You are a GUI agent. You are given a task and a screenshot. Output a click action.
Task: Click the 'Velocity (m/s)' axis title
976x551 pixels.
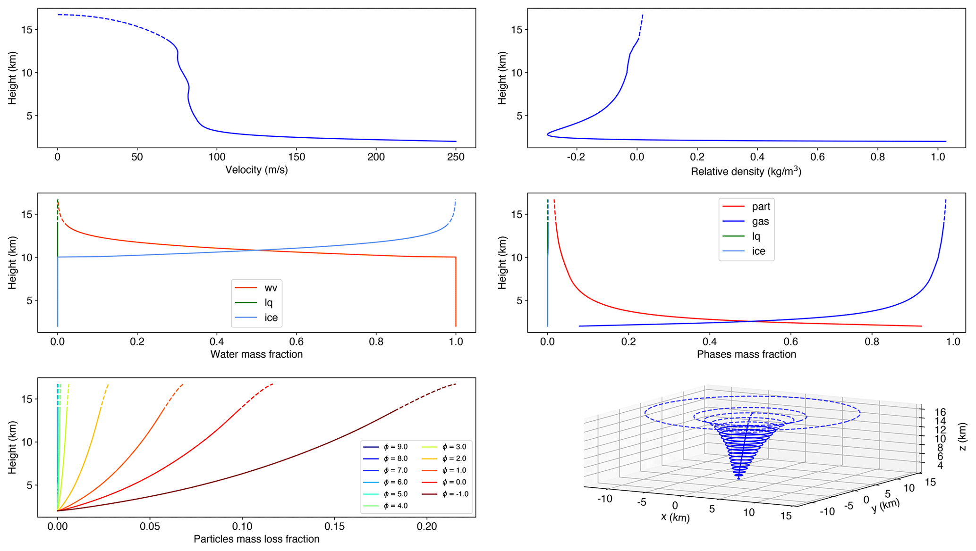(256, 170)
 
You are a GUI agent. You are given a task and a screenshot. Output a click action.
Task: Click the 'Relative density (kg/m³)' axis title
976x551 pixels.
(746, 171)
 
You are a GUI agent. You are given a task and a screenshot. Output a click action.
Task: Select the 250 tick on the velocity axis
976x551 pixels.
(456, 157)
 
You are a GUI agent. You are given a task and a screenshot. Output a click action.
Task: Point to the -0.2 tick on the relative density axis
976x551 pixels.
(576, 157)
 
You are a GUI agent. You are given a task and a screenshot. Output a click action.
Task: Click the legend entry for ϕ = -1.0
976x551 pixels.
(452, 494)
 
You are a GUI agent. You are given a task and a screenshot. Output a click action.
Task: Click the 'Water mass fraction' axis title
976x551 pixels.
(256, 354)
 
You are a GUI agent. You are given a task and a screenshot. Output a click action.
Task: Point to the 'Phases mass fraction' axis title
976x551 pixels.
(746, 354)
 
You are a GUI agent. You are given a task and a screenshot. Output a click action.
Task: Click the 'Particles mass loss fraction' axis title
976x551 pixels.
(256, 539)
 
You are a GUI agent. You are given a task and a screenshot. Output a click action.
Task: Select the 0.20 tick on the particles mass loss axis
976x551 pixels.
(427, 526)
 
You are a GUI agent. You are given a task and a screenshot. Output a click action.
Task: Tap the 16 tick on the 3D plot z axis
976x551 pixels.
(940, 412)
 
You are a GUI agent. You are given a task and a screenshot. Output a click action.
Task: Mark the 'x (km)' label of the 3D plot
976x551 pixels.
(675, 517)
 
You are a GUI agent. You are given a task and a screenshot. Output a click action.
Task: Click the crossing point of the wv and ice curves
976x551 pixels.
(257, 250)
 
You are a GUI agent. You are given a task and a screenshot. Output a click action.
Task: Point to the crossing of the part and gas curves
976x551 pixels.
(750, 321)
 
